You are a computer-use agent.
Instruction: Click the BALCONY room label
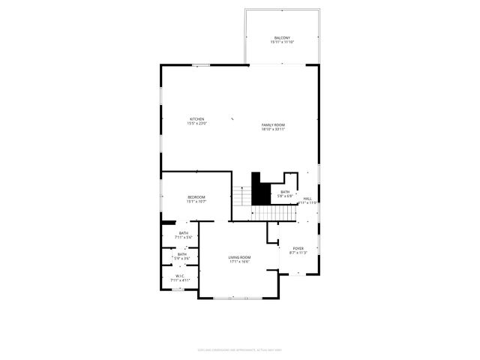282,37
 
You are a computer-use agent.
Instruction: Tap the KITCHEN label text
196,119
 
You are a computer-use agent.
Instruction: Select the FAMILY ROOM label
273,124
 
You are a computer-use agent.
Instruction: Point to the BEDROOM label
196,197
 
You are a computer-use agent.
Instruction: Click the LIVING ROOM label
239,257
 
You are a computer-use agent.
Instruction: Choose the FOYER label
298,248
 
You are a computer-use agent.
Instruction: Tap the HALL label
307,199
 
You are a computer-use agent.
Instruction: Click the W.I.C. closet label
180,275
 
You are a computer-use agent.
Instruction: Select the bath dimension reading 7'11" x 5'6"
184,237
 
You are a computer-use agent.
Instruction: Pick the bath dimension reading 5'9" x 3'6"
182,258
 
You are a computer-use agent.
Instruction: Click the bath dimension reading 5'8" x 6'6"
285,196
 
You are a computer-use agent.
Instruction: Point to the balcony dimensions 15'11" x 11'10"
282,42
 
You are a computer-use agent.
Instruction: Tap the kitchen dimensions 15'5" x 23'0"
196,124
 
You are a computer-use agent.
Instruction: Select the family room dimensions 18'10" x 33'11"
273,129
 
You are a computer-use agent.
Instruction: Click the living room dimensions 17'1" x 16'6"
239,262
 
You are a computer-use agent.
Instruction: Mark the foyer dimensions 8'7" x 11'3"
298,253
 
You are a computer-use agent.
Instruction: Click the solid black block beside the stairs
260,190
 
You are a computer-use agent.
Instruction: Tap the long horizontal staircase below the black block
273,213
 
